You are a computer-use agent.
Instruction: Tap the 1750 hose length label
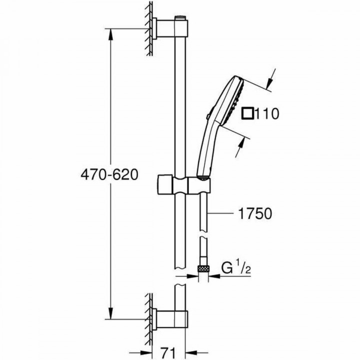coord(253,214)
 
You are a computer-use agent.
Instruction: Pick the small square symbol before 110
coord(247,113)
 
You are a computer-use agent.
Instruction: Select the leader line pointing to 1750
coord(222,214)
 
